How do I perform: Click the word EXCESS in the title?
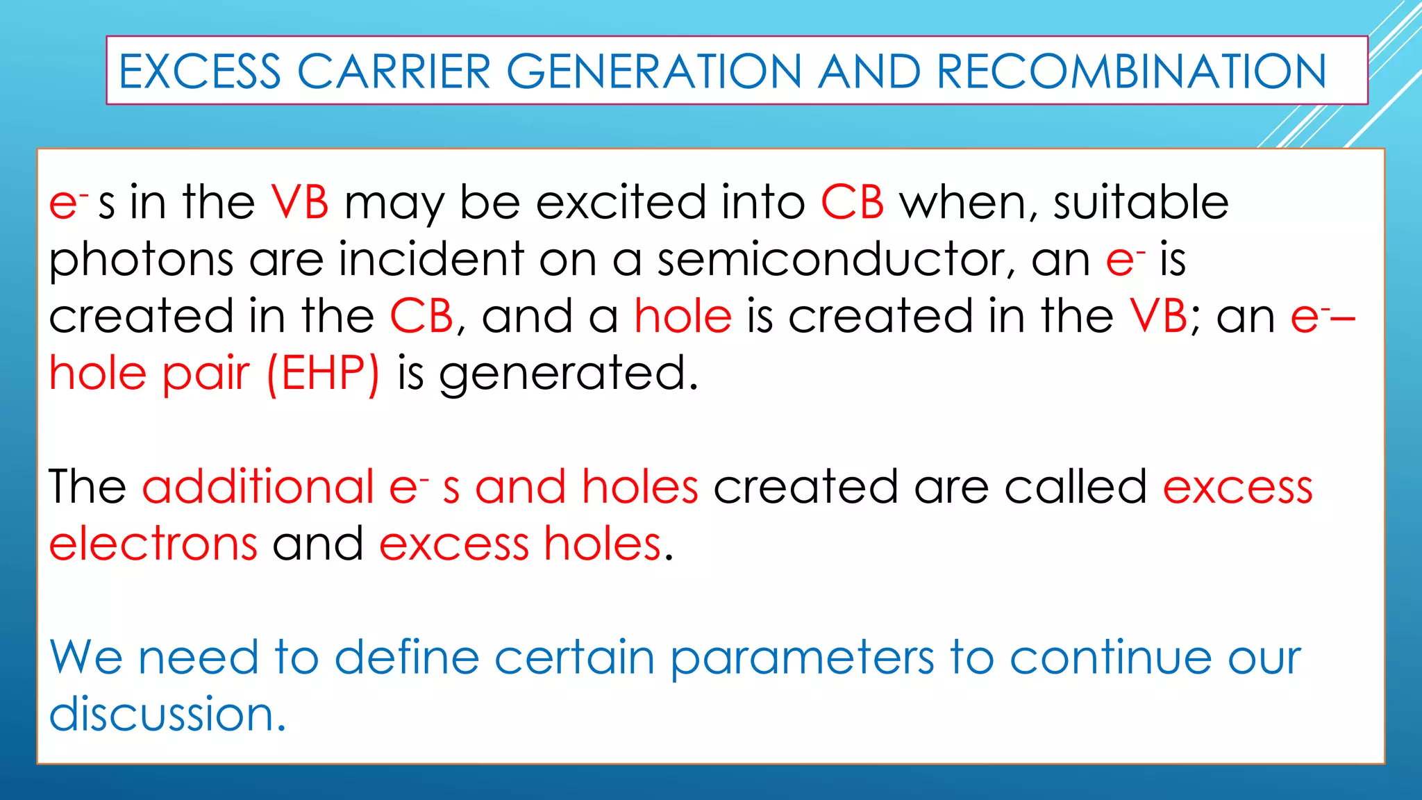coord(199,72)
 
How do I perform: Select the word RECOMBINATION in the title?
coord(1131,72)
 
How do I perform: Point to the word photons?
coord(141,260)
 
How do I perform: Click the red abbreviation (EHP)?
coord(324,374)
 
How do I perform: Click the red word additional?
coord(258,486)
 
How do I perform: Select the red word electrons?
coord(153,544)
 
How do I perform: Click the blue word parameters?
coord(802,658)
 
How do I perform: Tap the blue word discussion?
coord(167,714)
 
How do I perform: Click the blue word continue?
coord(1110,657)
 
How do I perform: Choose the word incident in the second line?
coord(431,259)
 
